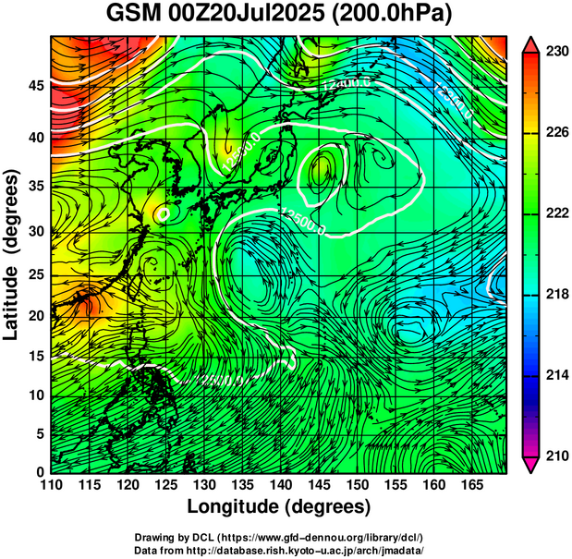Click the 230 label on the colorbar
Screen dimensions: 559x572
[556, 53]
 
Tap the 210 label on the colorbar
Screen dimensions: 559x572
[556, 455]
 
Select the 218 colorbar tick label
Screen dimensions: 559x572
[556, 294]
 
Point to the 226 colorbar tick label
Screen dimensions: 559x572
[556, 133]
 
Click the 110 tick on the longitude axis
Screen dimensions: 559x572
[51, 485]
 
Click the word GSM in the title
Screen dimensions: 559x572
[132, 14]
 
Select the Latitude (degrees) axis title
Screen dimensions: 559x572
[12, 254]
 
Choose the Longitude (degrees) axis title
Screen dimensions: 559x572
[278, 506]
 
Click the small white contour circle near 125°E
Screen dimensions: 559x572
[164, 213]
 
